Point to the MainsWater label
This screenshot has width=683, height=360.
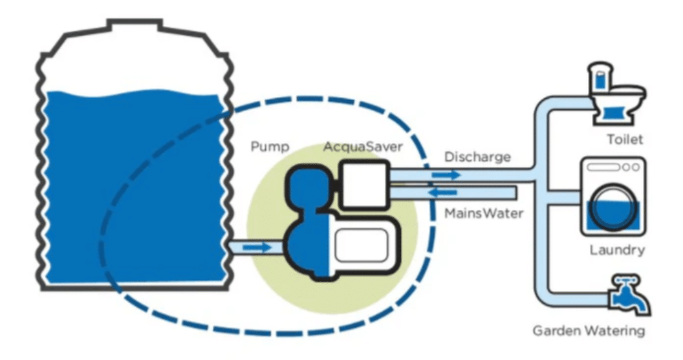click(482, 211)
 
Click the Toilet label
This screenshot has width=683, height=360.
click(625, 139)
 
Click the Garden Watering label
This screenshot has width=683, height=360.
click(589, 332)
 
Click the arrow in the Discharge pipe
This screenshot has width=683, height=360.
click(447, 175)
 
